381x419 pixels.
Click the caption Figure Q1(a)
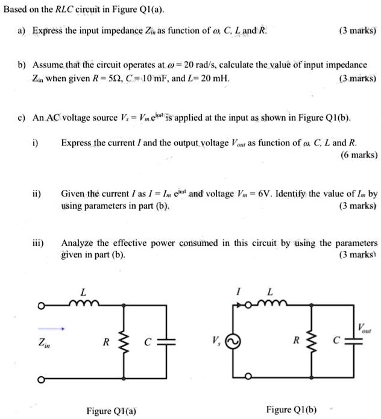click(111, 411)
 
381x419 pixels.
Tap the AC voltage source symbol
click(236, 341)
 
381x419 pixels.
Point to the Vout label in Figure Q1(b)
click(365, 329)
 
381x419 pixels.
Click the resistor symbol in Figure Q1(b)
click(310, 341)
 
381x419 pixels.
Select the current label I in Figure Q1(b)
click(239, 292)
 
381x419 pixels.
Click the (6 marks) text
click(355, 154)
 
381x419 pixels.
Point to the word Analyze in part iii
click(77, 243)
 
